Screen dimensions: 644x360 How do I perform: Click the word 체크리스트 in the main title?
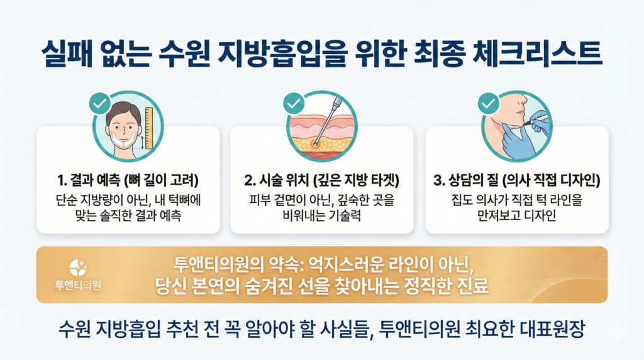537,54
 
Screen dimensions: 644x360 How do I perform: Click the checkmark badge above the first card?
100,103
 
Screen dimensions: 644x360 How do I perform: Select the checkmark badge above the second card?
294,103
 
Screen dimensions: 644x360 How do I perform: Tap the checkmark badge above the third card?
488,103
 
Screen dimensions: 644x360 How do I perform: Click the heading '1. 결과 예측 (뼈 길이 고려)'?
128,180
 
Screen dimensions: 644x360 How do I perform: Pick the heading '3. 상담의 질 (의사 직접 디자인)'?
517,180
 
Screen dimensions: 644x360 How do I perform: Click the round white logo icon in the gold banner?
78,267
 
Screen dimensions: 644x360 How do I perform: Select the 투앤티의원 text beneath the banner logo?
78,285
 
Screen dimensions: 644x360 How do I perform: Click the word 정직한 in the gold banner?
427,286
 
